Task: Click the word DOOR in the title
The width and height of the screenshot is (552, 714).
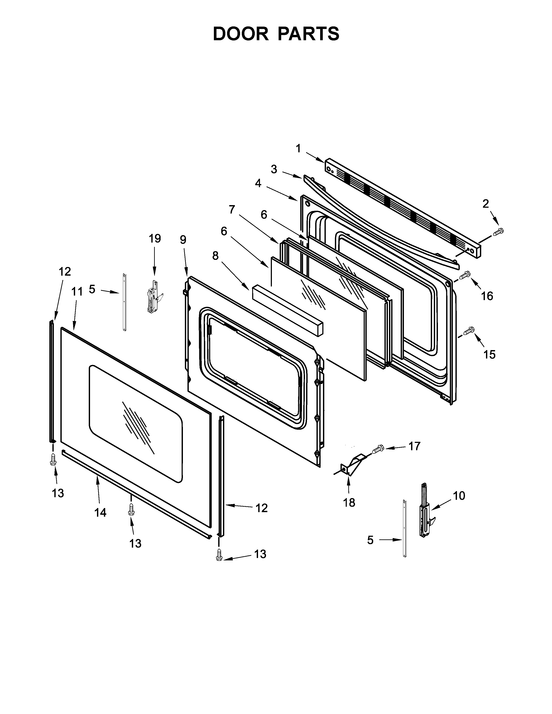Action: (240, 34)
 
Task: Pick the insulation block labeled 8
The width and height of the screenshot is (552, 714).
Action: (287, 309)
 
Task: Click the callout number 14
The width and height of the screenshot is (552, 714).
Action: (100, 513)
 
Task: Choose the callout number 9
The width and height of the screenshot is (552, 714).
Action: (183, 240)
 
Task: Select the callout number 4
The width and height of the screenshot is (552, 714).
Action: (258, 183)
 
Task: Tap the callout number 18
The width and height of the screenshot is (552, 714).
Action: (349, 502)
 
